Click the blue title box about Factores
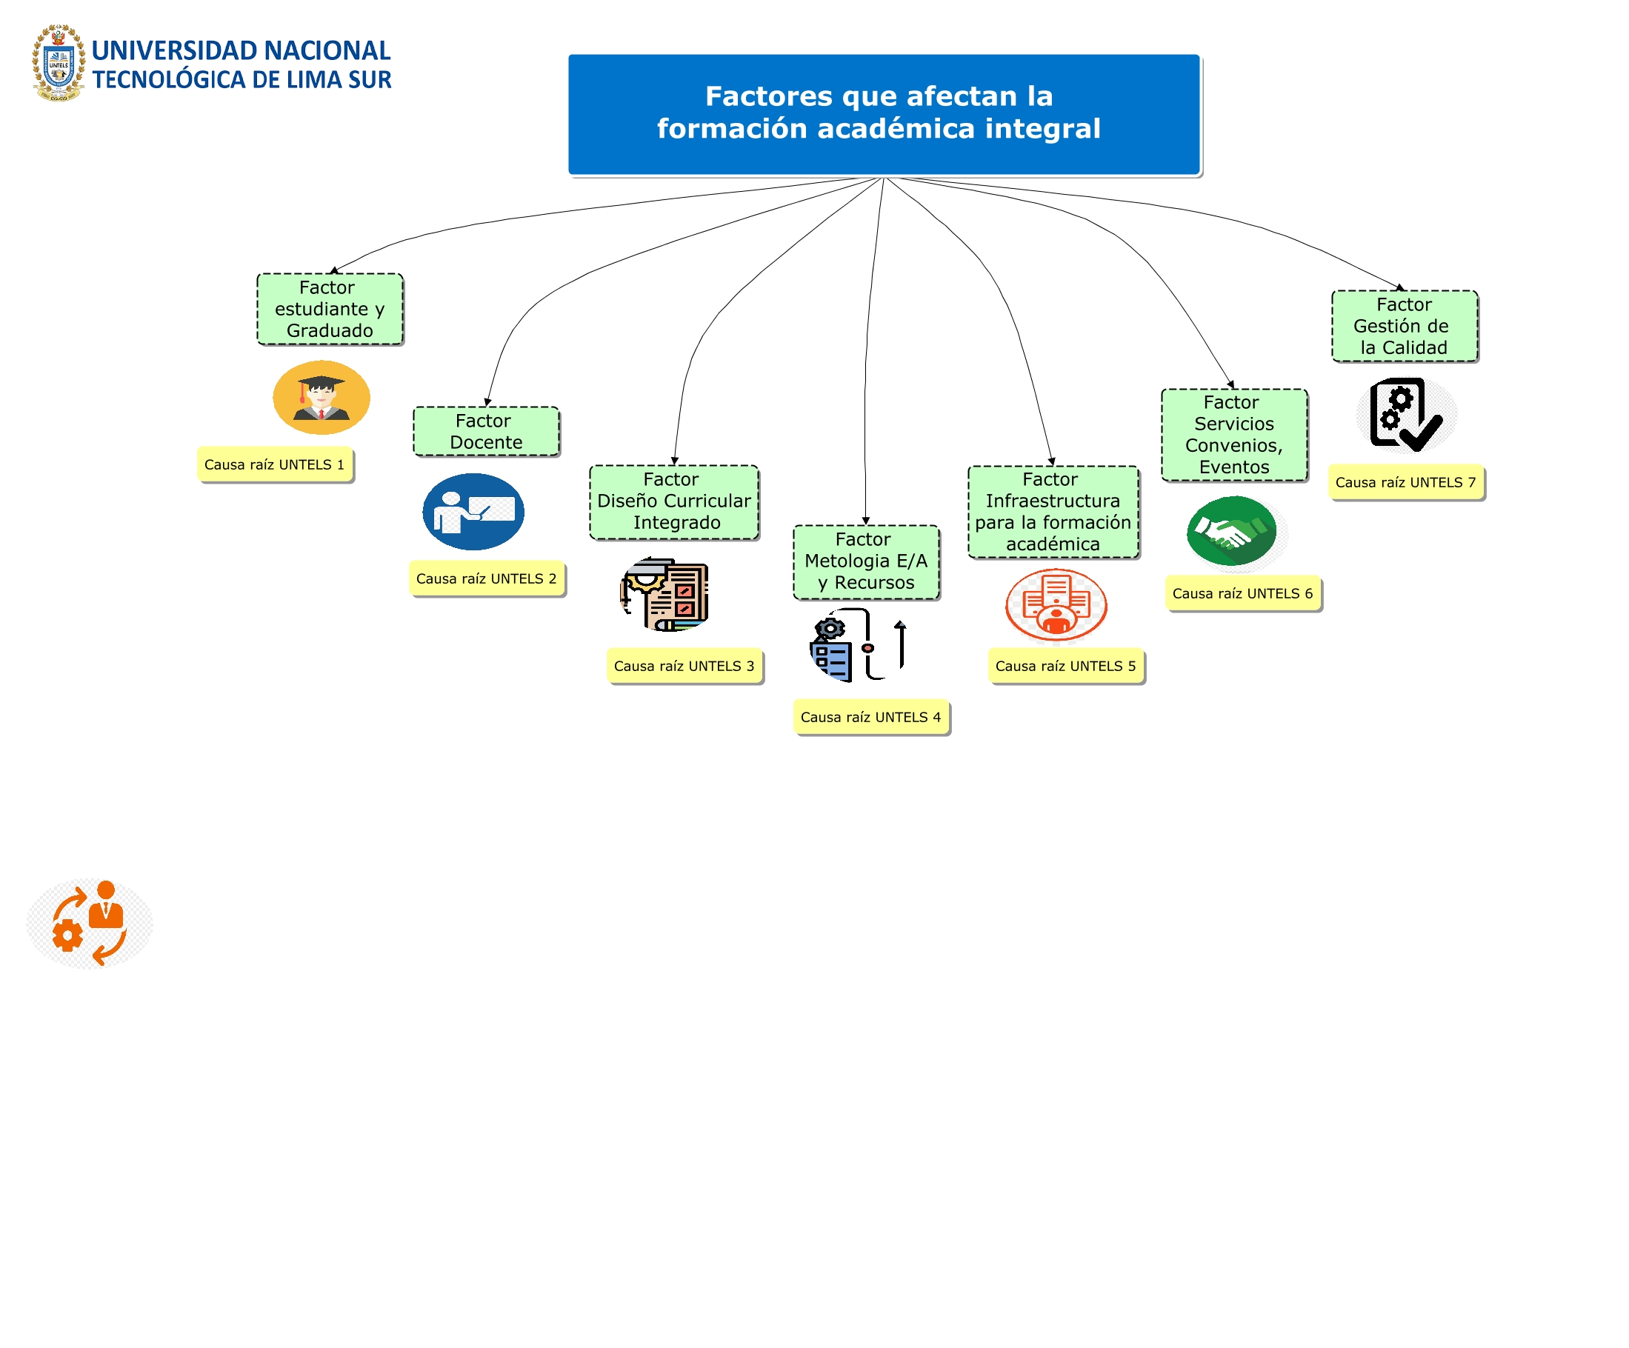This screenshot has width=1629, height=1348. click(884, 114)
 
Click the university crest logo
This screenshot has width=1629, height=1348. click(59, 64)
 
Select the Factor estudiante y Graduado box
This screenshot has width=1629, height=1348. click(330, 309)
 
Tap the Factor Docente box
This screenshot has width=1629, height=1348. click(486, 431)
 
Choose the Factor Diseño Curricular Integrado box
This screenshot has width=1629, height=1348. click(673, 501)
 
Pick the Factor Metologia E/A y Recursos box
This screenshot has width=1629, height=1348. click(866, 561)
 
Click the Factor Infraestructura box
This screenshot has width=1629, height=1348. click(1053, 511)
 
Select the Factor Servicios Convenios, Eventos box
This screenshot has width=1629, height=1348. click(1233, 434)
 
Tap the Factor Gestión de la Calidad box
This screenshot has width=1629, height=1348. click(1403, 326)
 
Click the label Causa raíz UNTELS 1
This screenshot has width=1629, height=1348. click(275, 464)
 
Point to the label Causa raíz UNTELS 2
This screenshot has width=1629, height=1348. click(487, 578)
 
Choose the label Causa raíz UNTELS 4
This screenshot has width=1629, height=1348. click(870, 718)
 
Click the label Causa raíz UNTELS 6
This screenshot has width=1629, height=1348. click(1243, 593)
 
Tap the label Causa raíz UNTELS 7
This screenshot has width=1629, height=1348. click(1405, 482)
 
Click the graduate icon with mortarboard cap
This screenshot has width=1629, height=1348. click(322, 397)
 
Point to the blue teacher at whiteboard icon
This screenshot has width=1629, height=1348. click(473, 512)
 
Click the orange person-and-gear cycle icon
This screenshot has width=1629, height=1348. click(90, 923)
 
